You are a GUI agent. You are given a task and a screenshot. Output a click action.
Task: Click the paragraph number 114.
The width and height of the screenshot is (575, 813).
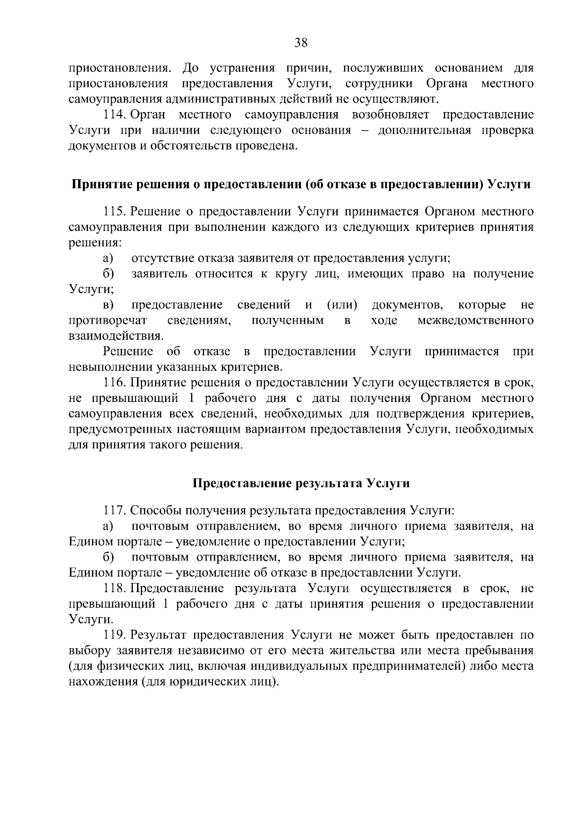(115, 115)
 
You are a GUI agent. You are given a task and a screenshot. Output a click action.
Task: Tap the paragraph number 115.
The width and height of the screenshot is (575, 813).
(115, 211)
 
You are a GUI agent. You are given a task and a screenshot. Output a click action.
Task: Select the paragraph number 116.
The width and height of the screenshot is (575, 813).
(115, 382)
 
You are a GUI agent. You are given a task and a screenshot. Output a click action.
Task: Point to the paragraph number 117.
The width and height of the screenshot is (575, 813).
(115, 511)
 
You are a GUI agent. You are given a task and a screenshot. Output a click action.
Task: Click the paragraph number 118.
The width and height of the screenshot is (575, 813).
(115, 588)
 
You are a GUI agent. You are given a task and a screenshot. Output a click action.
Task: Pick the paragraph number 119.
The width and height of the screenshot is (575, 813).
(115, 635)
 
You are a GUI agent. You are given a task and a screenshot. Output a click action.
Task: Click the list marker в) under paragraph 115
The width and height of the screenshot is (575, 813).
(109, 305)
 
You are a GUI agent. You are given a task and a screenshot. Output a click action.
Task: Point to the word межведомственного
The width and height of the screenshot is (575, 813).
(475, 321)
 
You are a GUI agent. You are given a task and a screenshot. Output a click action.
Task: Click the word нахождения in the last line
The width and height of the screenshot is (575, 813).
(102, 682)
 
